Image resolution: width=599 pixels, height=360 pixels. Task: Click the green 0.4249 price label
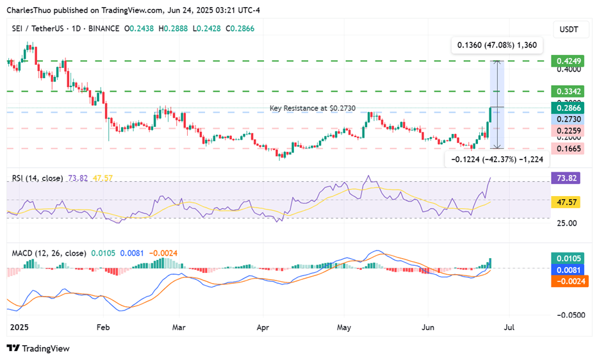click(568, 61)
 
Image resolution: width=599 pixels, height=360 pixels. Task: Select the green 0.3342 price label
click(568, 91)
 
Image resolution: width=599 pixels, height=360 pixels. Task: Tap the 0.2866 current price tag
click(568, 108)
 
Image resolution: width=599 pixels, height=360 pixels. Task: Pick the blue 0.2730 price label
click(568, 119)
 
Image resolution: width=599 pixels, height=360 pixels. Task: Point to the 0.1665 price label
click(568, 149)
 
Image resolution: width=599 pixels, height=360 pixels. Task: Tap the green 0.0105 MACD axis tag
click(569, 258)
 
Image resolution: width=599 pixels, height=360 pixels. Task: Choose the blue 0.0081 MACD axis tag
click(569, 270)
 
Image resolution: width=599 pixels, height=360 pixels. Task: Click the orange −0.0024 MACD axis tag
click(569, 281)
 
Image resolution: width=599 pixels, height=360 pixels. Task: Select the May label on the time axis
click(344, 326)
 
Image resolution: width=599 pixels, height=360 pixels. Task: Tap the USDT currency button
click(569, 29)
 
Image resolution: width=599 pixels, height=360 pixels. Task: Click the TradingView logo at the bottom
click(38, 348)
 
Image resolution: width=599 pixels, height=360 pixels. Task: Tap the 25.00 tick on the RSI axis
click(566, 223)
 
